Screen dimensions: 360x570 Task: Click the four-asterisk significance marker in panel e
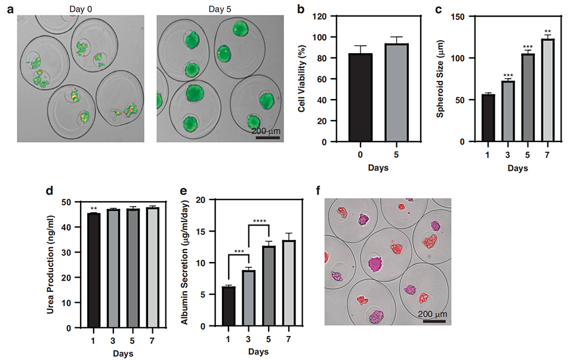(259, 221)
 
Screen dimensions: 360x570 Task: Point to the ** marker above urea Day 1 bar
(92, 209)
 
